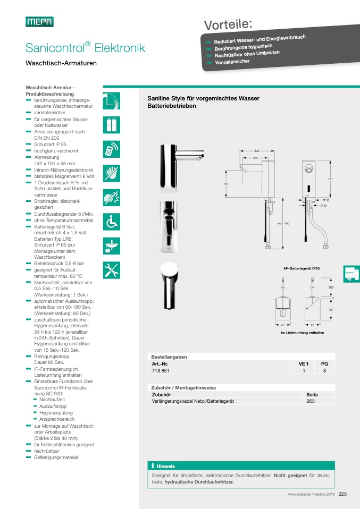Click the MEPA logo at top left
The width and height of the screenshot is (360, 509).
click(x=39, y=22)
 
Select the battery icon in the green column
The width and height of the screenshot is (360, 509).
click(x=112, y=125)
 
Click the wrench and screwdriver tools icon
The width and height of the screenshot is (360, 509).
click(x=112, y=270)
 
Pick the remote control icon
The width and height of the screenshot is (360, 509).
click(x=112, y=149)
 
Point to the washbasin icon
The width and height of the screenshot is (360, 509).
click(x=112, y=247)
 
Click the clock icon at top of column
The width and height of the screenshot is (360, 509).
click(x=112, y=101)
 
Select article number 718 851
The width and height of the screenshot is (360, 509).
click(x=160, y=371)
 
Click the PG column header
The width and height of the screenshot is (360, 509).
click(x=324, y=363)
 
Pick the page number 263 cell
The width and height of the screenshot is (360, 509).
click(x=311, y=401)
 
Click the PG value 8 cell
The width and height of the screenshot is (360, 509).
click(x=324, y=371)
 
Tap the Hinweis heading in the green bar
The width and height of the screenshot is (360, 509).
click(x=165, y=466)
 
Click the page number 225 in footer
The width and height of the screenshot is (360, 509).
click(x=342, y=494)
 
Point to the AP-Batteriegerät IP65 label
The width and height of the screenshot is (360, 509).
click(x=301, y=269)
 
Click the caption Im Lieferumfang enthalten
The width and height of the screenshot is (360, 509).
click(x=303, y=333)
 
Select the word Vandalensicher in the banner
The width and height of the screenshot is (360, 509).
click(x=232, y=62)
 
